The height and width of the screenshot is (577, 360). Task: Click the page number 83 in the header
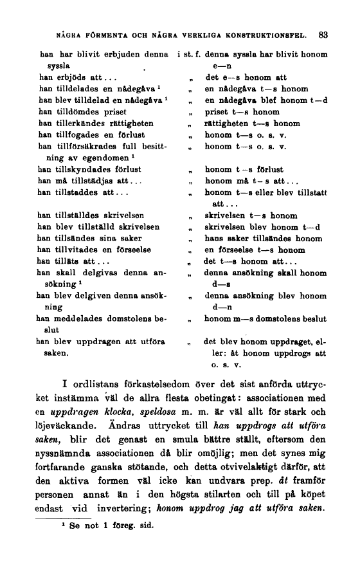(x=323, y=35)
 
